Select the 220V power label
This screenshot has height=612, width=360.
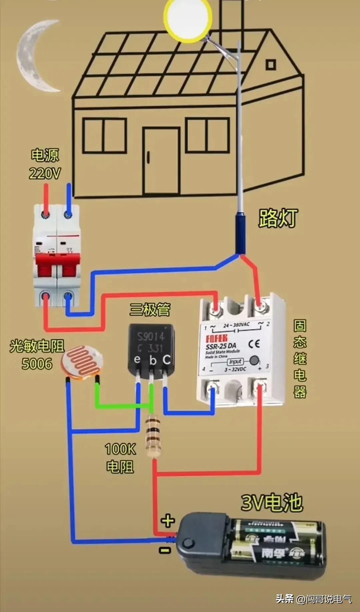tap(45, 174)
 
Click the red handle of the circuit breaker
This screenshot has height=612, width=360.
tap(58, 265)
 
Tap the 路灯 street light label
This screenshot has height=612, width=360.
tap(278, 218)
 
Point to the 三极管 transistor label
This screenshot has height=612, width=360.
tap(150, 309)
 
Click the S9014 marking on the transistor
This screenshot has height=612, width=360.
tap(151, 337)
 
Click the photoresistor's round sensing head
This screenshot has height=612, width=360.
tap(82, 361)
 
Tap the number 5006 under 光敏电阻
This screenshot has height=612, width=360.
tap(37, 364)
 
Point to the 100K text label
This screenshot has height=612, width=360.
tap(120, 449)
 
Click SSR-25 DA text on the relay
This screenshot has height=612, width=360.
tap(221, 346)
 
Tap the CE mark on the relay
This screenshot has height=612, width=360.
tap(254, 344)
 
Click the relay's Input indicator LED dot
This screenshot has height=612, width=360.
tap(254, 360)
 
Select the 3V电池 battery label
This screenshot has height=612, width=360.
tap(271, 503)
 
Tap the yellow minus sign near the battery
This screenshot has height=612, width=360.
tap(165, 550)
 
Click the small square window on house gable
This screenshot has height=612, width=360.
tap(271, 64)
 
